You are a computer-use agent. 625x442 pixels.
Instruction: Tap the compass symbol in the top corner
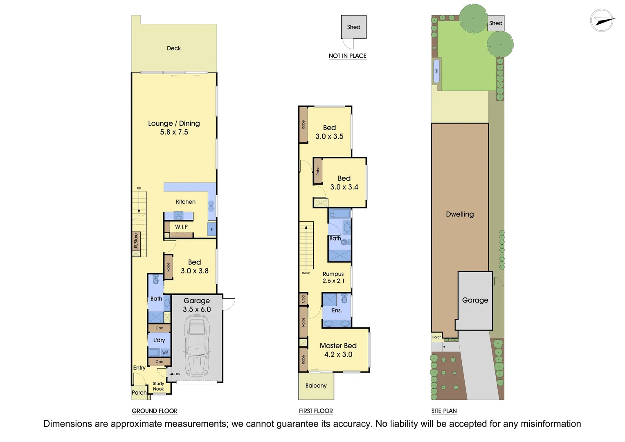(602, 20)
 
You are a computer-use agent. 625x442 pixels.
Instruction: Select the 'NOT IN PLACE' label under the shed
(347, 56)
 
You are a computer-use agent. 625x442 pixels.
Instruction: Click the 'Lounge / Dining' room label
(174, 123)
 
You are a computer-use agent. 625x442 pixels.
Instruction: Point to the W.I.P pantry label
(181, 227)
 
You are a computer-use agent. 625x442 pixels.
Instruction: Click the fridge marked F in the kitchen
(211, 229)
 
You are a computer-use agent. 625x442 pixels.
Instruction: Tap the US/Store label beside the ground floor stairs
(136, 241)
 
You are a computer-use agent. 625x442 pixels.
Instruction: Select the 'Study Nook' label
(158, 386)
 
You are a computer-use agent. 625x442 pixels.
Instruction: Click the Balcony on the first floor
(316, 386)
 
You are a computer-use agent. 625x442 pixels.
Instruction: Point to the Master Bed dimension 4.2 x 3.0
(338, 354)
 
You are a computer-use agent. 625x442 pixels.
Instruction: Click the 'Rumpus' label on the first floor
(333, 274)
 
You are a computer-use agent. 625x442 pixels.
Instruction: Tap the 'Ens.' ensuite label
(337, 311)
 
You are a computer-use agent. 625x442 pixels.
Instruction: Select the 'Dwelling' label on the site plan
(460, 214)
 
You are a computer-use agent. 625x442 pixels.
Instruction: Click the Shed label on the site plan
(496, 23)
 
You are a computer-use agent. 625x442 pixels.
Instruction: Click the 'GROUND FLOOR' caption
(155, 411)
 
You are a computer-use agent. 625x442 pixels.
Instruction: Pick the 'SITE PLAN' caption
(444, 411)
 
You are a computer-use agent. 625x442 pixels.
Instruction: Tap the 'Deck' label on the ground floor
(174, 48)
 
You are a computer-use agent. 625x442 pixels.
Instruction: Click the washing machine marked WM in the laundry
(165, 352)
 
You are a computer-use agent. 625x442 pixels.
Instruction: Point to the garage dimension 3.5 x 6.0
(197, 309)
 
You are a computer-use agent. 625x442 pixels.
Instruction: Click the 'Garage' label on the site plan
(475, 300)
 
